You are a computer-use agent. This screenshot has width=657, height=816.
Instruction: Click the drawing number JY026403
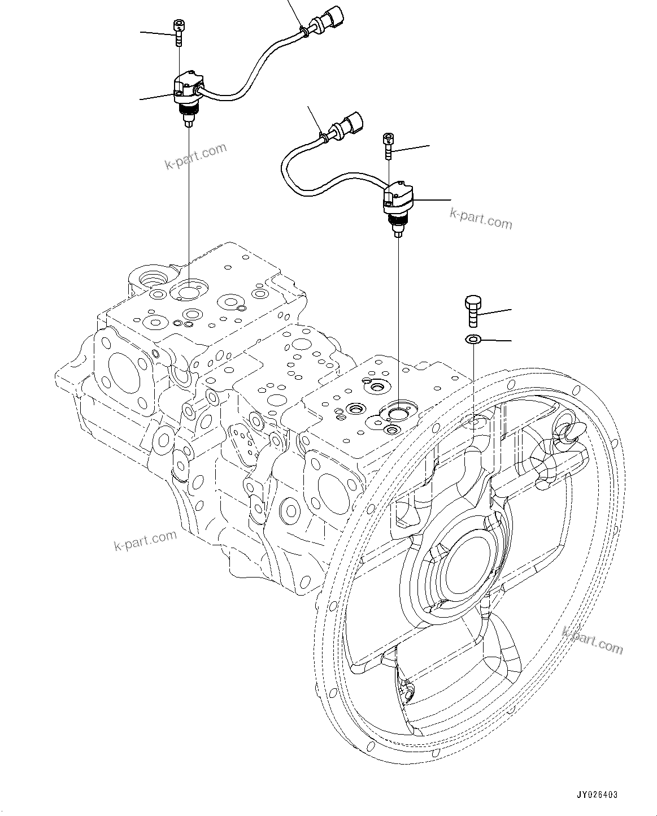click(x=597, y=795)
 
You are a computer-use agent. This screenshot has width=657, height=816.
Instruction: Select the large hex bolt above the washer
click(x=472, y=310)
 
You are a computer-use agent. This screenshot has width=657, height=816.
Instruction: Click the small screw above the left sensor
click(x=179, y=32)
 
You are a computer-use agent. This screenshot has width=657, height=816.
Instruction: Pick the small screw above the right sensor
click(x=388, y=146)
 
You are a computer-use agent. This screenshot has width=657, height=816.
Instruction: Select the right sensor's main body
click(x=398, y=200)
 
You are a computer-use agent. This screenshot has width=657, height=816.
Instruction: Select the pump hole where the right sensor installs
click(x=398, y=413)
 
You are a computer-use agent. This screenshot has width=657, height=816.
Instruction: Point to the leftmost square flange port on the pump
click(x=122, y=374)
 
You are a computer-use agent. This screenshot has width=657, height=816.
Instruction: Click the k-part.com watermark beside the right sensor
click(x=481, y=219)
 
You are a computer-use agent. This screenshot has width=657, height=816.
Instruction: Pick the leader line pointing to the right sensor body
click(x=433, y=199)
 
